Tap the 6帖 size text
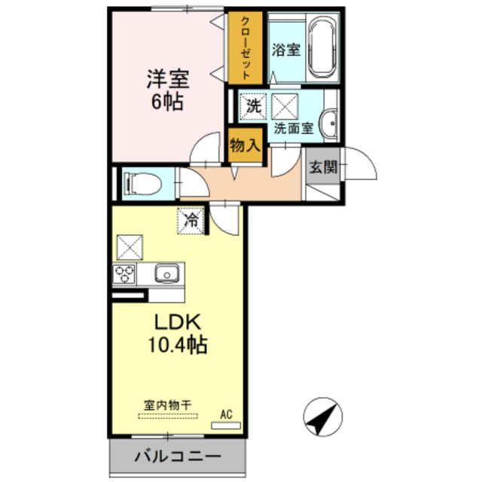pyautogui.click(x=168, y=102)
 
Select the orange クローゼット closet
pyautogui.click(x=246, y=48)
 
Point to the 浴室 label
pyautogui.click(x=286, y=51)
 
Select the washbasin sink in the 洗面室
pyautogui.click(x=329, y=123)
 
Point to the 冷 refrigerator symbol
pyautogui.click(x=191, y=221)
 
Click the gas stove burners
pyautogui.click(x=124, y=273)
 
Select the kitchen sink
pyautogui.click(x=166, y=273)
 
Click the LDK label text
pyautogui.click(x=177, y=322)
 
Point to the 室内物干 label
pyautogui.click(x=168, y=405)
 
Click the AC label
pyautogui.click(x=226, y=413)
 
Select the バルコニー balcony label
pyautogui.click(x=178, y=456)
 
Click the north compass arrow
pyautogui.click(x=322, y=416)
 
